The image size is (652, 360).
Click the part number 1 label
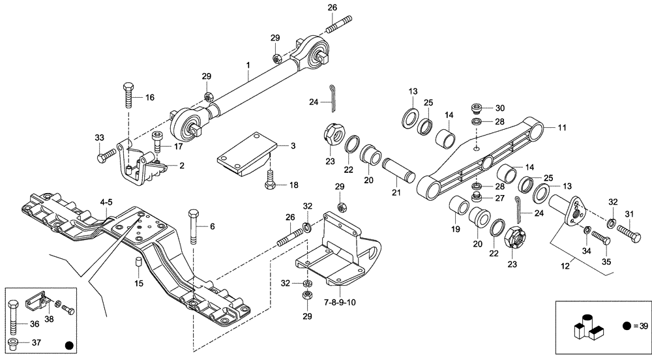[x=248, y=66]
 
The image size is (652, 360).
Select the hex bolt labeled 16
[x=128, y=98]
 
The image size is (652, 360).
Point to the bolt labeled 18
[x=269, y=181]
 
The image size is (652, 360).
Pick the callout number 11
[x=562, y=128]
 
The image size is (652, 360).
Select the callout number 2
[x=181, y=166]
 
